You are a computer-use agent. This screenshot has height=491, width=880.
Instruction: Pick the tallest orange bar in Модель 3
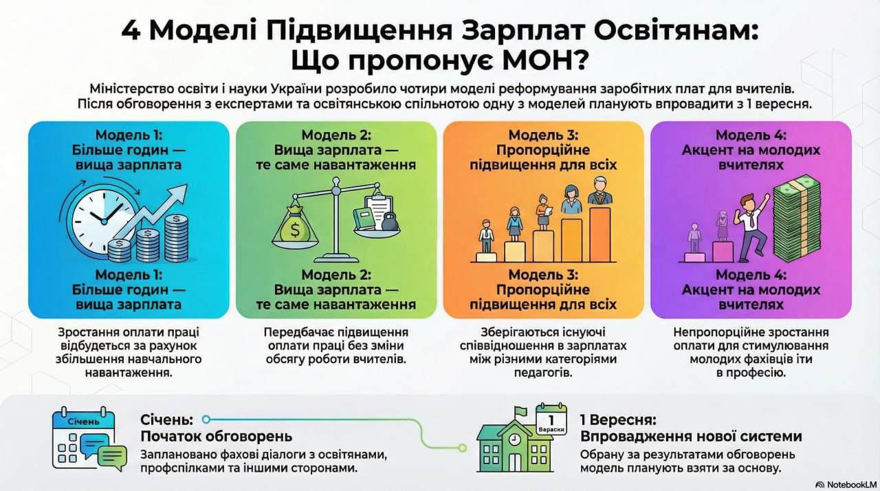click(x=599, y=234)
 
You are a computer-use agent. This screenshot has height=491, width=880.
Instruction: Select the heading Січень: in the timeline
click(x=166, y=419)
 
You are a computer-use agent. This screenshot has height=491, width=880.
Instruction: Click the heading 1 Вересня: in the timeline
click(x=618, y=419)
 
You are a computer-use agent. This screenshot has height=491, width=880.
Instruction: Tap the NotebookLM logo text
click(x=845, y=483)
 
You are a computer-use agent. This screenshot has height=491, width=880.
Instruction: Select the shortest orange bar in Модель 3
click(x=485, y=257)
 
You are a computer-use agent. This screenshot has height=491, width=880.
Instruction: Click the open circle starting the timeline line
click(x=206, y=419)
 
